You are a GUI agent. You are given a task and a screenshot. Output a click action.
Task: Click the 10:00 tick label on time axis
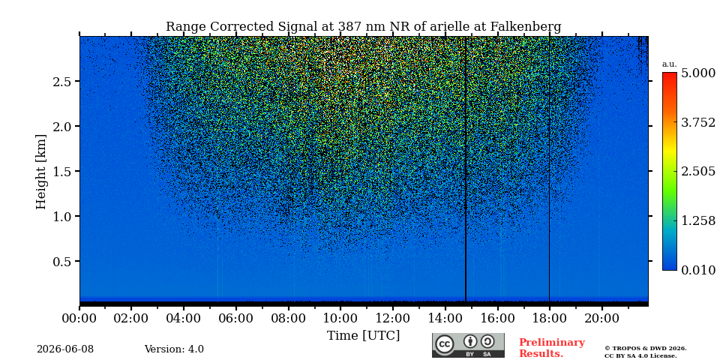pyautogui.click(x=340, y=318)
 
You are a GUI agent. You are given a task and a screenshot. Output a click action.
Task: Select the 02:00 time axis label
pyautogui.click(x=131, y=318)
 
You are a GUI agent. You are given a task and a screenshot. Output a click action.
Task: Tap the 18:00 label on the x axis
pyautogui.click(x=549, y=318)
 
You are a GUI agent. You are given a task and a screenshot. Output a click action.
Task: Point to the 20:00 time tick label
pyautogui.click(x=601, y=318)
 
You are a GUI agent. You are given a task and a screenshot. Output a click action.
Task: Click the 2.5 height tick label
pyautogui.click(x=62, y=81)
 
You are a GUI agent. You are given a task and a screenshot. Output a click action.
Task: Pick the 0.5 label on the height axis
pyautogui.click(x=62, y=261)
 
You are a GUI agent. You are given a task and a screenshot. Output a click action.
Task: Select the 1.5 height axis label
pyautogui.click(x=62, y=171)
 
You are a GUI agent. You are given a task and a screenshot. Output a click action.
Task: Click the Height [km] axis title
pyautogui.click(x=41, y=172)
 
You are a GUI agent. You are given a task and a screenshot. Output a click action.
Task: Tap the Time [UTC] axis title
pyautogui.click(x=363, y=336)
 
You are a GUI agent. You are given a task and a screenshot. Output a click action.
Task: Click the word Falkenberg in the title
pyautogui.click(x=526, y=27)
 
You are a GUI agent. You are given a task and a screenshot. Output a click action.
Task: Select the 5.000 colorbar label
pyautogui.click(x=698, y=73)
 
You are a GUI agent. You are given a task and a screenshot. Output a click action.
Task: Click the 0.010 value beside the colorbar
pyautogui.click(x=698, y=270)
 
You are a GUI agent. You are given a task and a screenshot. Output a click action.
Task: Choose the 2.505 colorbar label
pyautogui.click(x=698, y=171)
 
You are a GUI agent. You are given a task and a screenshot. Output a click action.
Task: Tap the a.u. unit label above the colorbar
pyautogui.click(x=670, y=64)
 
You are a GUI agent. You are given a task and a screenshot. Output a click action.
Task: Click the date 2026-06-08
pyautogui.click(x=65, y=349)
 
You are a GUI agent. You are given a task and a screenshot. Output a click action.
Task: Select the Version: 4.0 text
pyautogui.click(x=174, y=349)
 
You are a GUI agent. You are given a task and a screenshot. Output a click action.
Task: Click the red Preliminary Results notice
pyautogui.click(x=552, y=347)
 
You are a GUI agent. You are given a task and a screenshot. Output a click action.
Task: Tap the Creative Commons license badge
pyautogui.click(x=468, y=345)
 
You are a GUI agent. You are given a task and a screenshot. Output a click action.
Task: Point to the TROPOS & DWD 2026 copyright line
pyautogui.click(x=646, y=349)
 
